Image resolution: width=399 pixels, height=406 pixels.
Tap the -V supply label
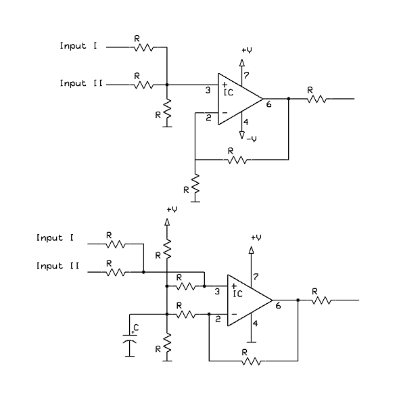(x=251, y=139)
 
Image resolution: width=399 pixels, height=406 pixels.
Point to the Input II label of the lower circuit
(x=58, y=266)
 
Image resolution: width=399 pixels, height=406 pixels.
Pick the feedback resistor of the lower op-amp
(x=252, y=361)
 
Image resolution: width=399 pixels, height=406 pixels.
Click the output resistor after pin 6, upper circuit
(x=316, y=99)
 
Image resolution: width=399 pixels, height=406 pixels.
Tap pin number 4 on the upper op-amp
(x=245, y=122)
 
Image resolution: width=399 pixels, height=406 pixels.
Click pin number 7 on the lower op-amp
(x=255, y=277)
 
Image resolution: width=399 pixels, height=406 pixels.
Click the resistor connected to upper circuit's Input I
(x=144, y=48)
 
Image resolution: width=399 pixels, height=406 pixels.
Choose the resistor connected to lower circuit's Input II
(x=116, y=272)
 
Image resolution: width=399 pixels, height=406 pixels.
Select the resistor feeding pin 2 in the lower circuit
(x=185, y=314)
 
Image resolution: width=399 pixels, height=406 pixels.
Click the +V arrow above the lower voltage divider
(x=166, y=223)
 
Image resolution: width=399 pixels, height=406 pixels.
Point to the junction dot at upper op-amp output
(x=289, y=99)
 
